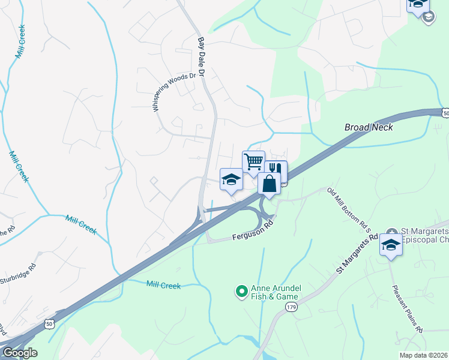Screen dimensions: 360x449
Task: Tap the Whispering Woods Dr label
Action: pos(175,92)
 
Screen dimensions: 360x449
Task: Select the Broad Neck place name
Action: pos(369,127)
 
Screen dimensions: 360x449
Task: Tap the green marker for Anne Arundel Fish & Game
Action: pos(242,292)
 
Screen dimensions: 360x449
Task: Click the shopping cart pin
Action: pos(253,161)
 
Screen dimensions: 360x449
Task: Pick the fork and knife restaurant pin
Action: pos(276,170)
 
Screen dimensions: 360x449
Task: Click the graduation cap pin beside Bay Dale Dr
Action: pos(231,179)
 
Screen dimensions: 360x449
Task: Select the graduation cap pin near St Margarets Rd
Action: pos(391,245)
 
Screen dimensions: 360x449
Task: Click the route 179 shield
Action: pos(291,307)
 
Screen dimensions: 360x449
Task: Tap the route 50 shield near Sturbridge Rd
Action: pos(50,324)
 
